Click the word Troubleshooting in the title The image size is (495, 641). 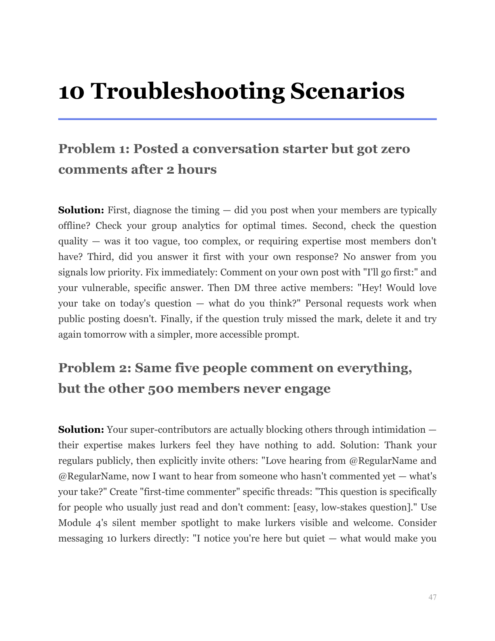[188, 92]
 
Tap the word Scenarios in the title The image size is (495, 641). [347, 92]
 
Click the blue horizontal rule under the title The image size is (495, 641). [247, 119]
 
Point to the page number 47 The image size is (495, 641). [432, 597]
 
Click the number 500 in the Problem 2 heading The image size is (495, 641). [161, 388]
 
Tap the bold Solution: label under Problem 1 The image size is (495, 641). [81, 210]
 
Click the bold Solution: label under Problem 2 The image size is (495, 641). [81, 430]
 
